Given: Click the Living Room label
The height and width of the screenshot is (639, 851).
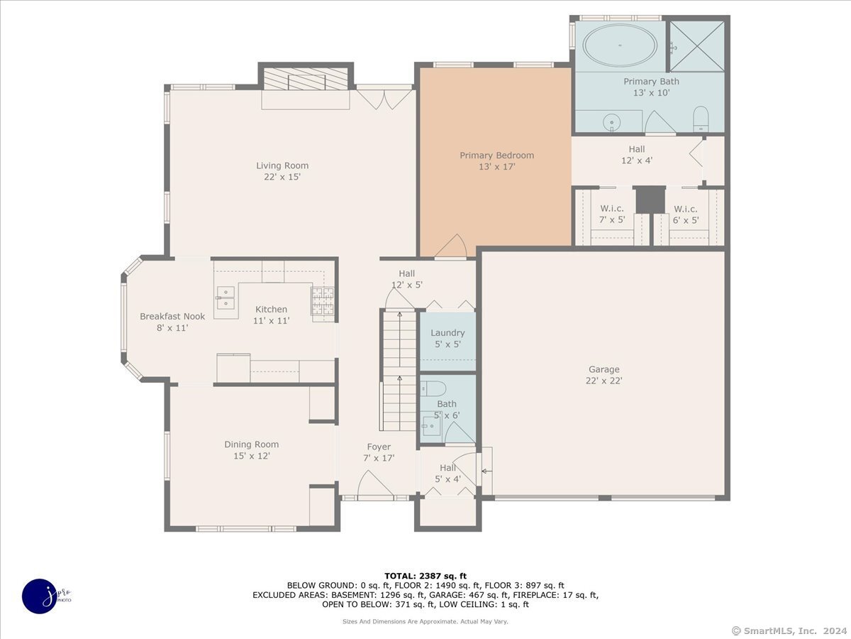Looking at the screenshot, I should click(x=282, y=165).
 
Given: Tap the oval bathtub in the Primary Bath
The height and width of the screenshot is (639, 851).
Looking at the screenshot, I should click(x=619, y=45).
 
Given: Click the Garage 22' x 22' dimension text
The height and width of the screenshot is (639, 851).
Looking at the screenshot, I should click(x=604, y=381).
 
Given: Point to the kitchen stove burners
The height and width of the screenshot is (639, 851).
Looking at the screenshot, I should click(x=323, y=301).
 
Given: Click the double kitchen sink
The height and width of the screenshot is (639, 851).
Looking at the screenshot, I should click(x=226, y=299).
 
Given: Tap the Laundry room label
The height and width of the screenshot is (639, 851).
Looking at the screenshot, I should click(x=447, y=332).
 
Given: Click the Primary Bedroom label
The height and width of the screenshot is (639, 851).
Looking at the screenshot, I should click(x=496, y=155).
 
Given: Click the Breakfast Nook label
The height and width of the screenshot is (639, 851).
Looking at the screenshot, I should click(x=172, y=317).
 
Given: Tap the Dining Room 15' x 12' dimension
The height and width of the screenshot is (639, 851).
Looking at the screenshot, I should click(x=251, y=456).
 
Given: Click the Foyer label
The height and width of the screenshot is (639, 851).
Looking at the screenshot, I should click(x=379, y=447).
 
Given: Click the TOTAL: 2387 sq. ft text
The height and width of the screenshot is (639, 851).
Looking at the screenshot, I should click(x=425, y=576).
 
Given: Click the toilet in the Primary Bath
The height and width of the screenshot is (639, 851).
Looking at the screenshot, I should click(x=700, y=119).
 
